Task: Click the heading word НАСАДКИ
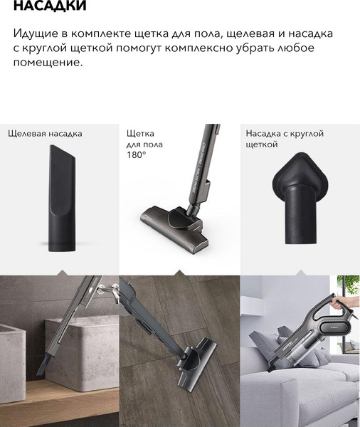(50, 6)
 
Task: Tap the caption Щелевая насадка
(45, 134)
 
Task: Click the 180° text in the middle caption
(136, 155)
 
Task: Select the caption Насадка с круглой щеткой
(285, 139)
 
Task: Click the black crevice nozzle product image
(62, 198)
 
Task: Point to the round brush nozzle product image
(300, 198)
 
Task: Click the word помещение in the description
(48, 62)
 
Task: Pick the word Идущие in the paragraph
(36, 33)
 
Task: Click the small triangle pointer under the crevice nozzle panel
(63, 273)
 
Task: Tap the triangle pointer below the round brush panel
(301, 273)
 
